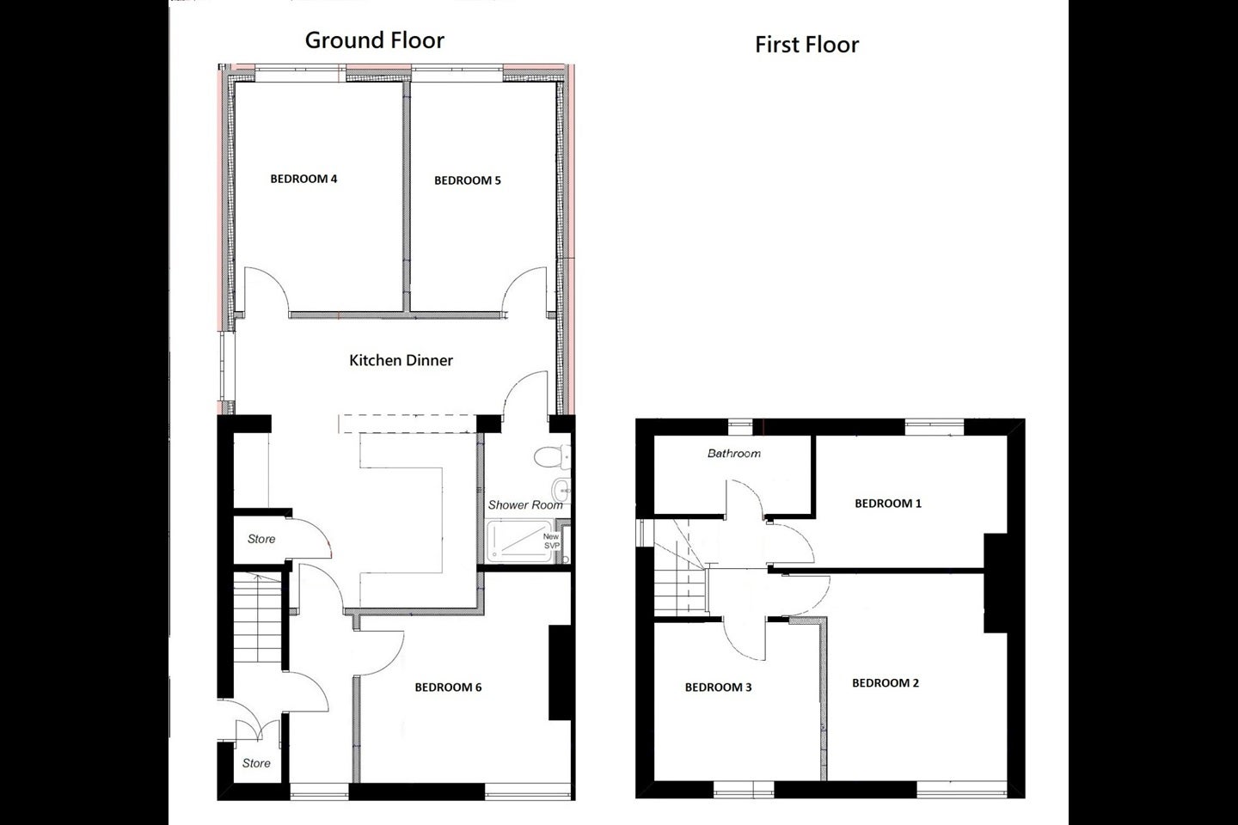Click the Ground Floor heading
click(x=374, y=40)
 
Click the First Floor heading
click(x=807, y=45)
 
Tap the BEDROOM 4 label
click(x=303, y=179)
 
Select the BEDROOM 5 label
click(x=468, y=180)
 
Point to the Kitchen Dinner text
click(x=401, y=360)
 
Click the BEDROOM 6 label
click(x=448, y=687)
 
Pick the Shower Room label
click(x=525, y=504)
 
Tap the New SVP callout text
click(x=552, y=541)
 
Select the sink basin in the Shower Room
click(x=561, y=489)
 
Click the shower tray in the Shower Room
click(x=519, y=541)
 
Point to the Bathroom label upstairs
click(x=734, y=454)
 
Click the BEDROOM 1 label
click(x=888, y=504)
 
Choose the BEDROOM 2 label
click(x=886, y=683)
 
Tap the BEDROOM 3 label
click(x=719, y=687)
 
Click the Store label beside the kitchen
click(x=261, y=539)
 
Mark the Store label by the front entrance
click(x=256, y=763)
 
